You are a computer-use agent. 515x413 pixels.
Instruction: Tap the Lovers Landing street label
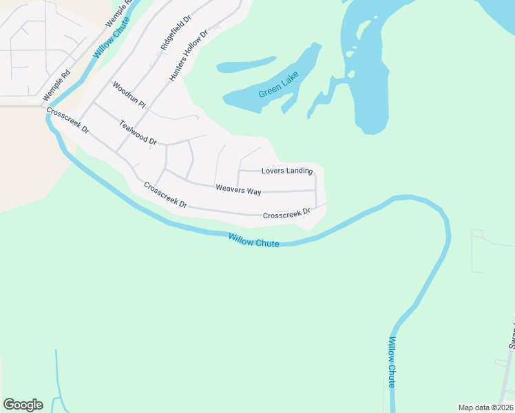click(x=287, y=171)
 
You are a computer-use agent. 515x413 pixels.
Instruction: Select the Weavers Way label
click(x=238, y=189)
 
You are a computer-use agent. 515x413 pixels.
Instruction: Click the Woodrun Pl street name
click(x=129, y=96)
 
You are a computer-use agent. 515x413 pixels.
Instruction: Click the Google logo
click(x=23, y=405)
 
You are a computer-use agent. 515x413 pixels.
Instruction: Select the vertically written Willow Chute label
click(x=392, y=362)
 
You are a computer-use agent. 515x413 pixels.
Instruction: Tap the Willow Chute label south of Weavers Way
click(x=254, y=240)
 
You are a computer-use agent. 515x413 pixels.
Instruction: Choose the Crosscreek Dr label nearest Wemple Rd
click(x=67, y=120)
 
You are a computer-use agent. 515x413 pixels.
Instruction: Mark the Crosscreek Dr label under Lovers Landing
click(x=287, y=215)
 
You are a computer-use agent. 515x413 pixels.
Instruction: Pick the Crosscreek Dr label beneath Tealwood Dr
click(x=165, y=195)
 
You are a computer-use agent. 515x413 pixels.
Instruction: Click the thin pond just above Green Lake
click(x=246, y=65)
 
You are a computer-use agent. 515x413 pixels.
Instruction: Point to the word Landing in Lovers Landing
click(x=299, y=171)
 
